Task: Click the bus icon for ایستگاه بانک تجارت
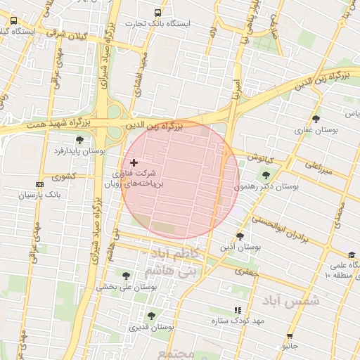pos(157,13)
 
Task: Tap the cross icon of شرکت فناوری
pos(134,162)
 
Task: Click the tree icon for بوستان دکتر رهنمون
pos(266,175)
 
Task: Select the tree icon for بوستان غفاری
pos(316,119)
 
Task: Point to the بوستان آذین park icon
pos(240,236)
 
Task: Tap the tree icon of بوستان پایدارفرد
pos(79,140)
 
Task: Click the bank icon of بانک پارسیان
pos(39,184)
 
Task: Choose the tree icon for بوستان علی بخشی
pos(127,276)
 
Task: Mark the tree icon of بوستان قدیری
pos(150,316)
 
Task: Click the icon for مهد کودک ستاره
pos(238,309)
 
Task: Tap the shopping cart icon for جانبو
pos(290,336)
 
